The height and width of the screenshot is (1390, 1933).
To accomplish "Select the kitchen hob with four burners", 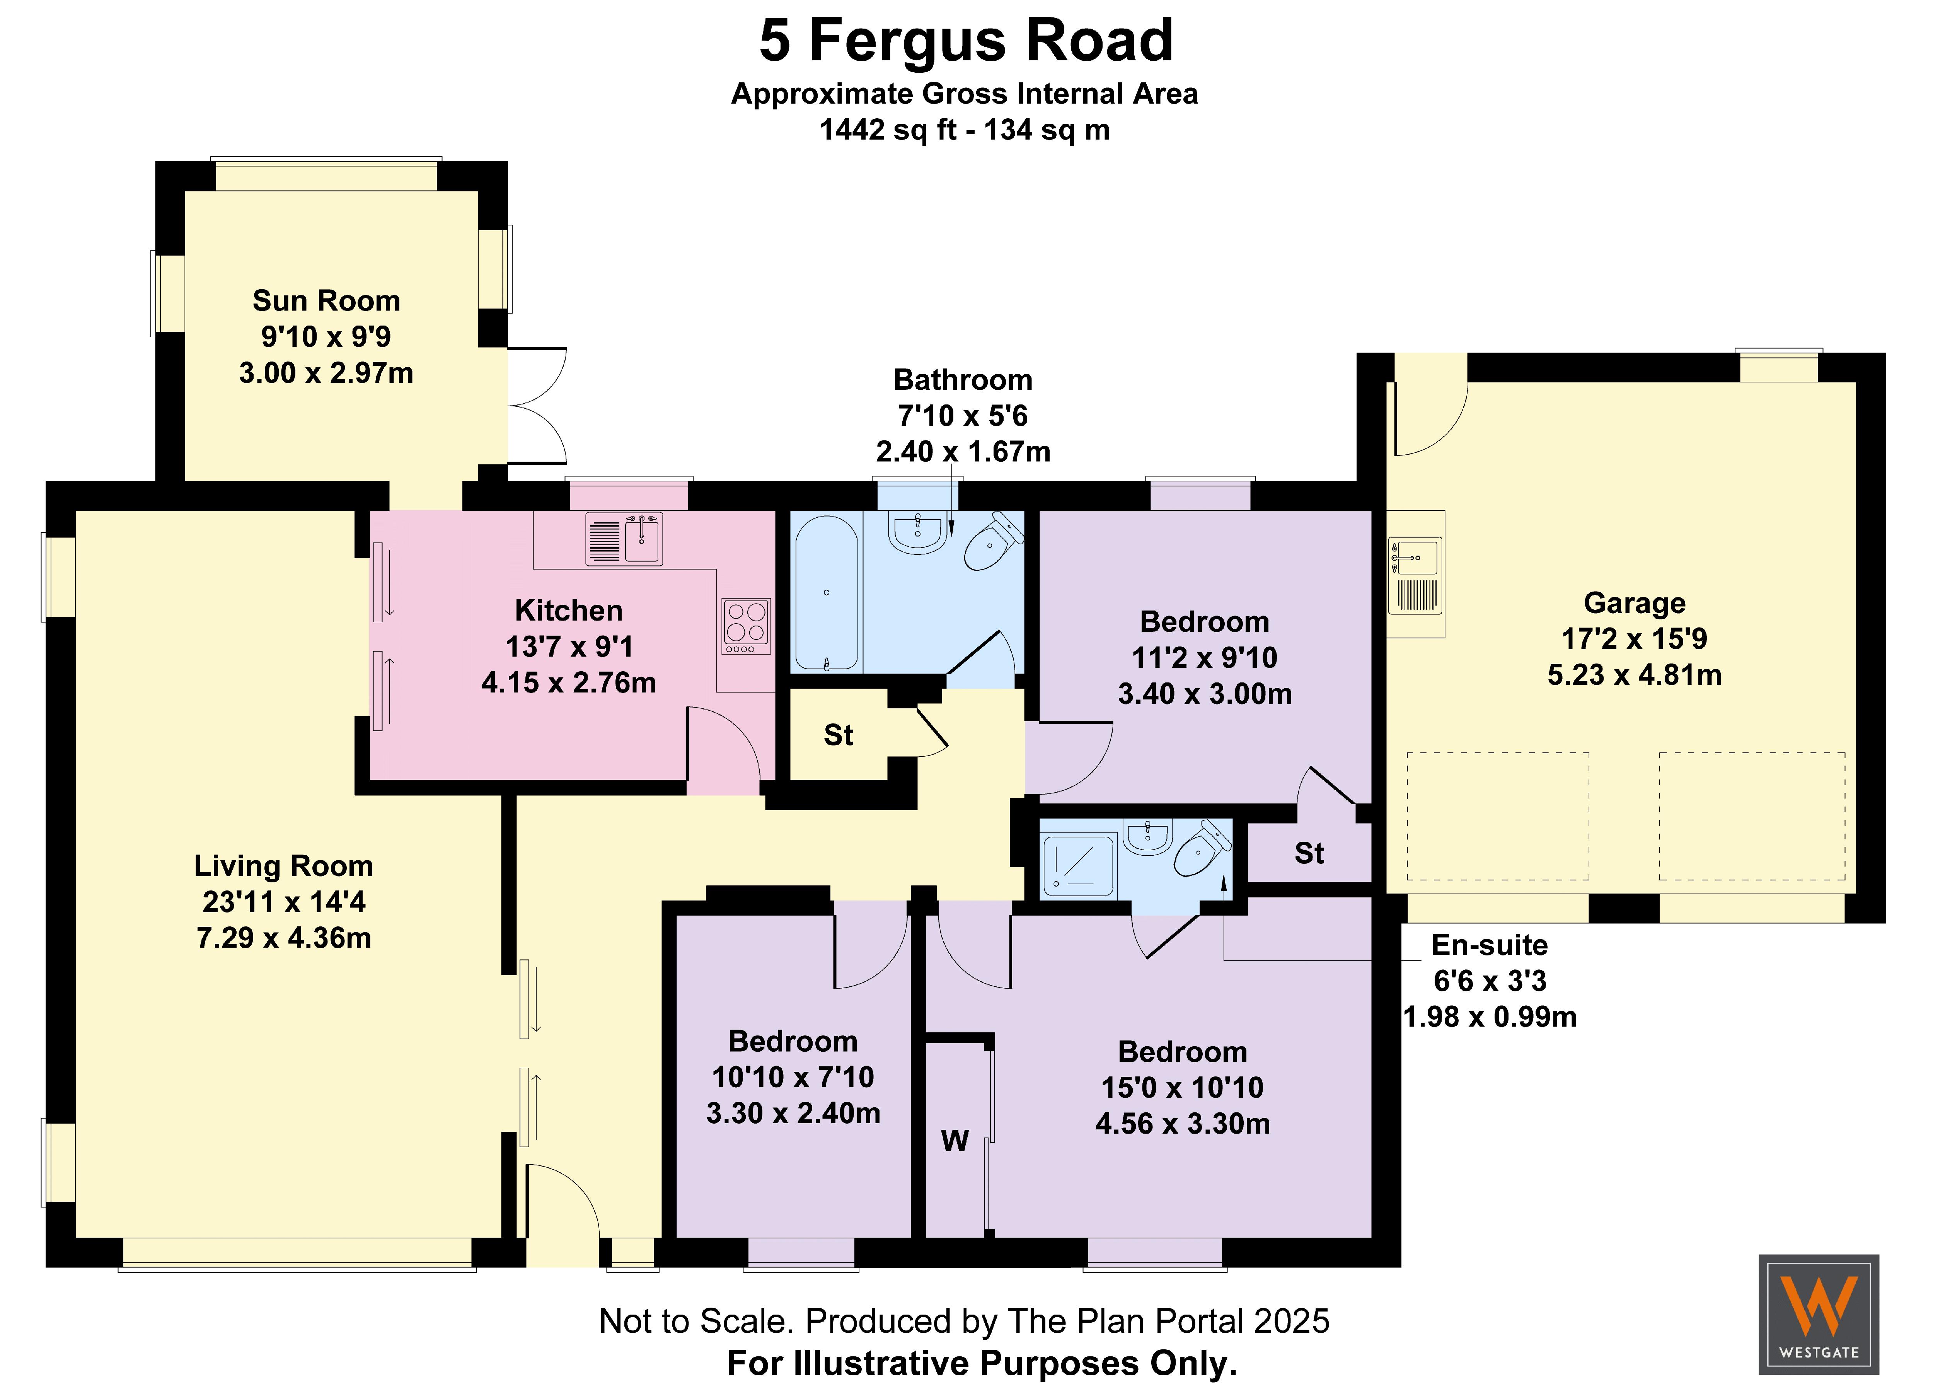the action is pyautogui.click(x=746, y=626).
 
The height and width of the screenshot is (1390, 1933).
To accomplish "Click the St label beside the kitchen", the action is pyautogui.click(x=838, y=735).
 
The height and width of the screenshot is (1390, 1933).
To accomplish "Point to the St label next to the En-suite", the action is pyautogui.click(x=1309, y=853).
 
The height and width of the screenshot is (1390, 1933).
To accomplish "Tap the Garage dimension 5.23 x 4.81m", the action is pyautogui.click(x=1634, y=675).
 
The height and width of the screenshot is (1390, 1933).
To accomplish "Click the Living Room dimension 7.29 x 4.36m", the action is pyautogui.click(x=284, y=938).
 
